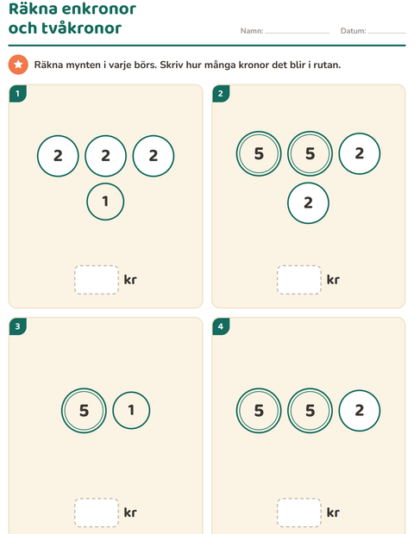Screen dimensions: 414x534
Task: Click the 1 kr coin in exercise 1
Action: (105, 202)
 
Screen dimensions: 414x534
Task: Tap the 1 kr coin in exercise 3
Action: (131, 410)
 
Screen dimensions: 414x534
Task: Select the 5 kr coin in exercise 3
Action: (84, 410)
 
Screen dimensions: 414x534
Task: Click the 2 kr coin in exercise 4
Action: (360, 410)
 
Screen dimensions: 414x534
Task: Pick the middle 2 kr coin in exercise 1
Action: (106, 156)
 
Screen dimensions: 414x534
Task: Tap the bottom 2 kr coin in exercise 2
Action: (308, 202)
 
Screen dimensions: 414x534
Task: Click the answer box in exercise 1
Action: (97, 280)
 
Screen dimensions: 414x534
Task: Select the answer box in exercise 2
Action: (299, 280)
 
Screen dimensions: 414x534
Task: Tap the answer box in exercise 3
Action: (97, 512)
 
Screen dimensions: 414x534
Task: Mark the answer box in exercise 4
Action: (299, 512)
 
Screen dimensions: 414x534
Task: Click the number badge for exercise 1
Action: (18, 93)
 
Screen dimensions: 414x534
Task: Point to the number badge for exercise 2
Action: (221, 93)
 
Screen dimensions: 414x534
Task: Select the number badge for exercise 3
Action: (18, 326)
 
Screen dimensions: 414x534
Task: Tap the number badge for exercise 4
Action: (221, 326)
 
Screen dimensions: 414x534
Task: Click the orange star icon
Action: (18, 65)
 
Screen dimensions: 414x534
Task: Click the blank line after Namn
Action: (298, 33)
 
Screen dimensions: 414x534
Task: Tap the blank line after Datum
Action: (386, 33)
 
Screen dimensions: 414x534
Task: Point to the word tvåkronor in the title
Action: (86, 28)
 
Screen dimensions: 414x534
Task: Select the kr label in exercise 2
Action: (333, 280)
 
